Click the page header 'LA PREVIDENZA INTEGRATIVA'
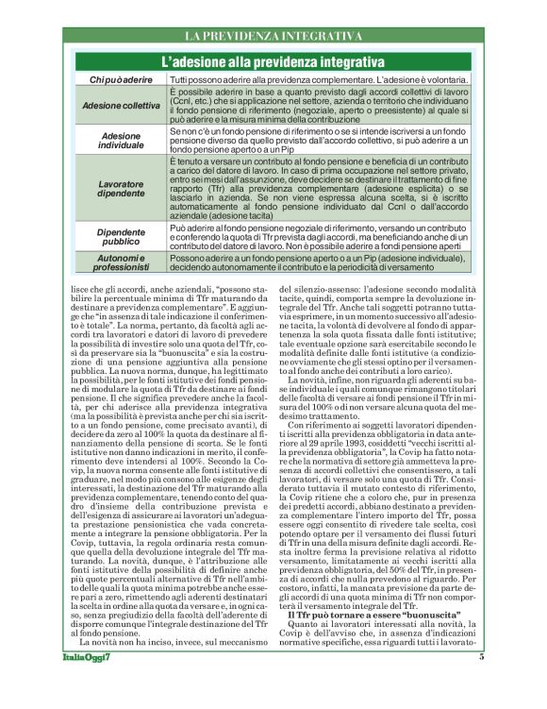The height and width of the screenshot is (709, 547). coord(273,36)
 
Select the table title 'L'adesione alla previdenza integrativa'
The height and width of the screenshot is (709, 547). coord(273,62)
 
